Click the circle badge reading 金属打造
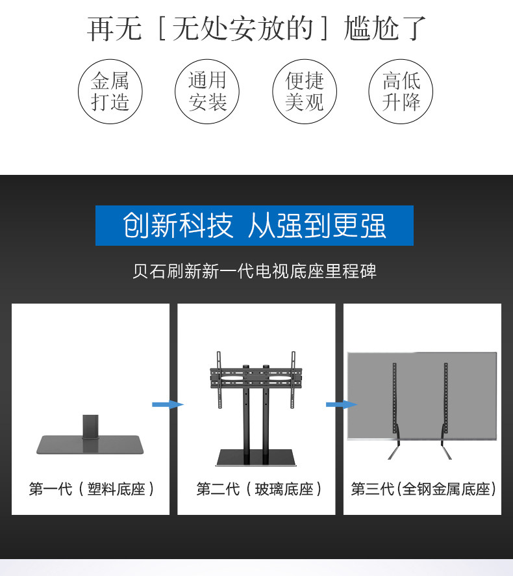(x=110, y=92)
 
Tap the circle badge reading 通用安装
(x=207, y=92)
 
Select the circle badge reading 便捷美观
(x=304, y=92)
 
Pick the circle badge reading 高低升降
(x=401, y=92)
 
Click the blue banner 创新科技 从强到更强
(x=255, y=226)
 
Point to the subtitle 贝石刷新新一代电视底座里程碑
(x=255, y=271)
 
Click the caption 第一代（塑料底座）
(x=91, y=489)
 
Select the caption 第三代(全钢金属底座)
(x=423, y=489)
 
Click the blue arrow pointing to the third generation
(x=340, y=405)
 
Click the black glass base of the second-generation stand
(x=256, y=458)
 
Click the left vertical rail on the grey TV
(x=394, y=397)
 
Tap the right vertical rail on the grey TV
(x=446, y=397)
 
